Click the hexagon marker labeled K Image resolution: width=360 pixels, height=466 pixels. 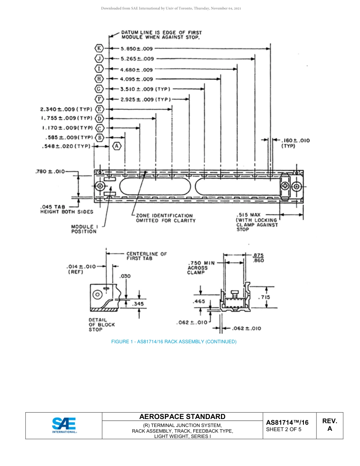(99, 48)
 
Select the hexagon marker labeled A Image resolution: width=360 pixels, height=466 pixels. (117, 146)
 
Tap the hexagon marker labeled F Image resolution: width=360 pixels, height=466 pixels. (99, 99)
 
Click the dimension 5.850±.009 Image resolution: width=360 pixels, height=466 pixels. (137, 48)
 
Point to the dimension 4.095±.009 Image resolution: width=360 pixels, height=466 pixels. (136, 79)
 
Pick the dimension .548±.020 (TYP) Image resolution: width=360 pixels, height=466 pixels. (66, 146)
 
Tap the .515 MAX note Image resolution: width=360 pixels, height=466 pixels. (257, 222)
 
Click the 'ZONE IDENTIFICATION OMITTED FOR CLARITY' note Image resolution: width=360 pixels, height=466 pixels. (166, 218)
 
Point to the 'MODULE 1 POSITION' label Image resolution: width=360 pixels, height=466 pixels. (84, 229)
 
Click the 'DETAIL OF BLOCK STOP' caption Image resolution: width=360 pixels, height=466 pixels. (102, 325)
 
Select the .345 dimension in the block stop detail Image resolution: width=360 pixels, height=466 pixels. (137, 303)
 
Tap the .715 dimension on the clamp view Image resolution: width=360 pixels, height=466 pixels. (264, 297)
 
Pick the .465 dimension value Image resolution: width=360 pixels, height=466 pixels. (199, 302)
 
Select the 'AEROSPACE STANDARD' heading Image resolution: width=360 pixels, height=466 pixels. (182, 417)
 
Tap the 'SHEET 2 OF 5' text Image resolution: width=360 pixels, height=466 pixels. (284, 430)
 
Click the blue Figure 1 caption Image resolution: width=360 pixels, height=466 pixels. (174, 342)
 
